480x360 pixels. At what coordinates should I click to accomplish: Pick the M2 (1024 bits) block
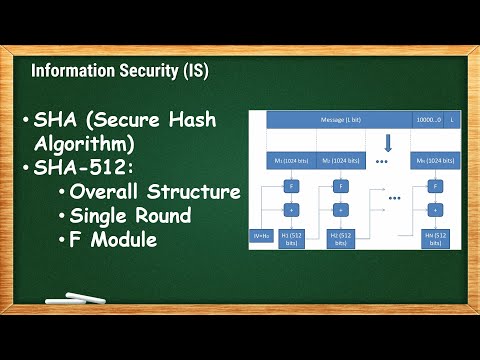pyautogui.click(x=339, y=159)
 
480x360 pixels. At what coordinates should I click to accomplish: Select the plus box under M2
pyautogui.click(x=340, y=209)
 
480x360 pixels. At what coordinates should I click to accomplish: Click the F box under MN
pyautogui.click(x=435, y=186)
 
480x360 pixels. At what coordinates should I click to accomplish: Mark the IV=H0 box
pyautogui.click(x=261, y=237)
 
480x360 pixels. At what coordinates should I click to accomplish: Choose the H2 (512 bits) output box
pyautogui.click(x=339, y=237)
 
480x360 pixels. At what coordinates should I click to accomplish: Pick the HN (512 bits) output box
pyautogui.click(x=435, y=237)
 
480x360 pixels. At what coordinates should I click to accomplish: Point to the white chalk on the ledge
pyautogui.click(x=90, y=298)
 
